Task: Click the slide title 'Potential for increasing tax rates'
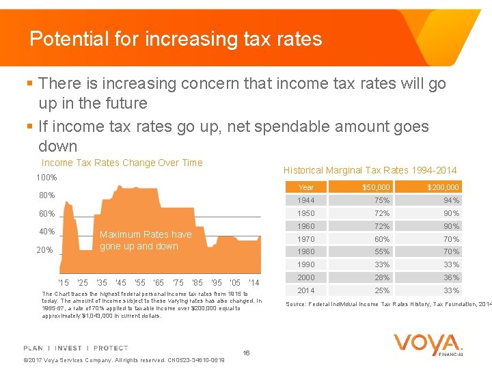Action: (176, 39)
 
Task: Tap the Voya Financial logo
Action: (428, 344)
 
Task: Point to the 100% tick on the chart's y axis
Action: (46, 178)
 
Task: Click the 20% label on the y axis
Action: (44, 250)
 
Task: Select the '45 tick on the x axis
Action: (120, 282)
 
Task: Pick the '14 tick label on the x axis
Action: (254, 282)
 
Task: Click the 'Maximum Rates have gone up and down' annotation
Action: (146, 240)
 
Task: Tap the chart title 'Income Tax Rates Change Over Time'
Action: (122, 163)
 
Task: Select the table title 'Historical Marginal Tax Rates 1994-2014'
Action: (370, 170)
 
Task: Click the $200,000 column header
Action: (443, 187)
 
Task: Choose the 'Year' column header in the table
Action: (306, 187)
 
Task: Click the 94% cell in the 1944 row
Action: (451, 200)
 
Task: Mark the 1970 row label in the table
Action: (306, 239)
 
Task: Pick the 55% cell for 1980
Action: (382, 251)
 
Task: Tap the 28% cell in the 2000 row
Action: (382, 277)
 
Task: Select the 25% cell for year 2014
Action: (382, 290)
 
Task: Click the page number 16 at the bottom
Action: (246, 353)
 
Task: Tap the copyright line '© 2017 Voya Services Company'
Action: (124, 360)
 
